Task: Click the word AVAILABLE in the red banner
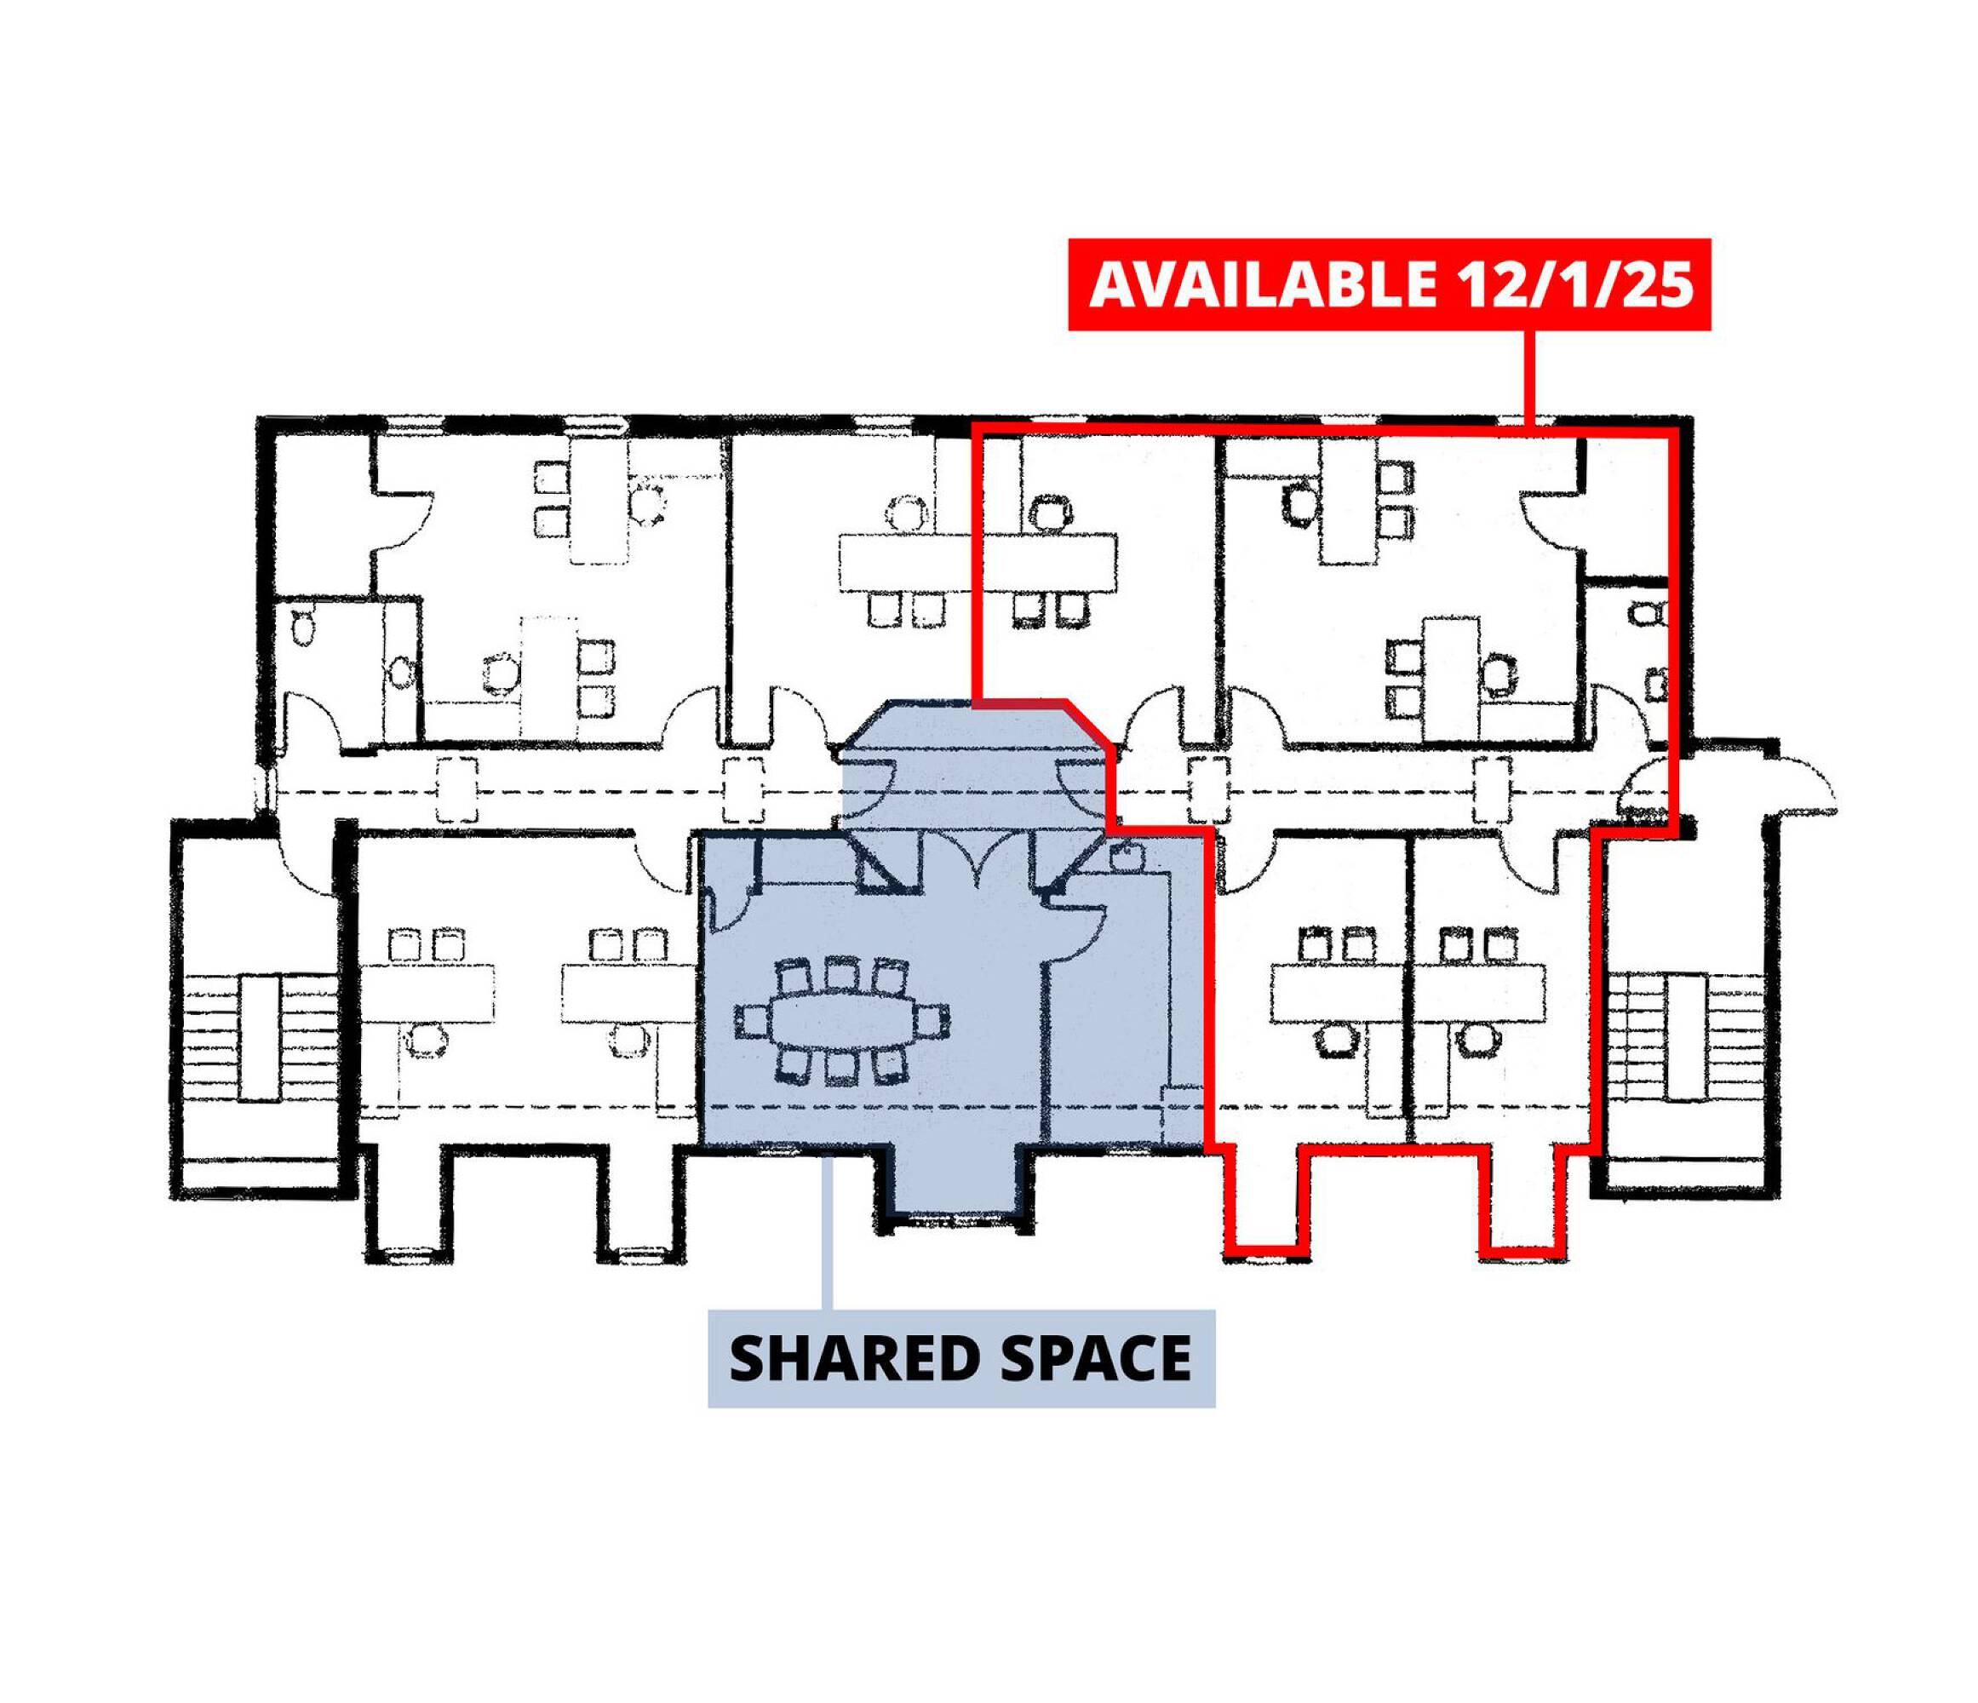(x=1263, y=284)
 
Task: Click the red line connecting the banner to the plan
(x=1530, y=378)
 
